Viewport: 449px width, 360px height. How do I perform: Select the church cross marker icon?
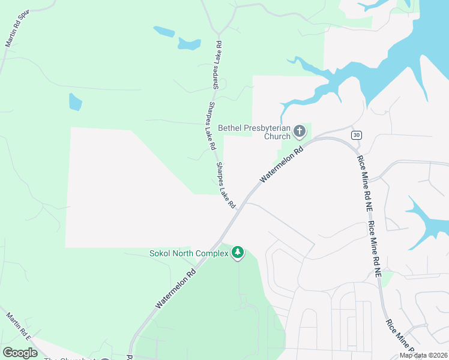pyautogui.click(x=300, y=130)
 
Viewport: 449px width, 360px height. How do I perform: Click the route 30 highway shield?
pyautogui.click(x=357, y=134)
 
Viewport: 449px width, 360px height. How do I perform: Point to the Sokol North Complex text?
pyautogui.click(x=189, y=253)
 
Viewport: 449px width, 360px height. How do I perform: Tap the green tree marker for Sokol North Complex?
pyautogui.click(x=238, y=253)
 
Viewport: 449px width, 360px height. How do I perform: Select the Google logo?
pyautogui.click(x=20, y=352)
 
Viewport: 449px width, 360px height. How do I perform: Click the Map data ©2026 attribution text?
pyautogui.click(x=423, y=355)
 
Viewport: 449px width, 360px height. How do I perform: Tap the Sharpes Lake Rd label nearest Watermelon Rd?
pyautogui.click(x=226, y=185)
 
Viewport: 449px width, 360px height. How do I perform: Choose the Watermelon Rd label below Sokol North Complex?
pyautogui.click(x=176, y=289)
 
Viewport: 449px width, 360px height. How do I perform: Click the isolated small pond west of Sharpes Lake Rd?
pyautogui.click(x=75, y=102)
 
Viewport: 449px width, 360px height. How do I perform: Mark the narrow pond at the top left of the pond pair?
pyautogui.click(x=163, y=31)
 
